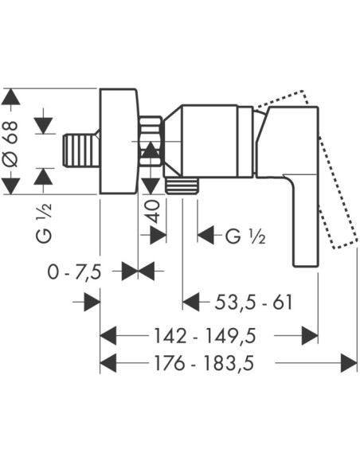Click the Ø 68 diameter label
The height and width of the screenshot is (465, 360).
point(11,143)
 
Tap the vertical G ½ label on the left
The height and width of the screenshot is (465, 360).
point(44,223)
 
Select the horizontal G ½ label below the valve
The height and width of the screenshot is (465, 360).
point(245,236)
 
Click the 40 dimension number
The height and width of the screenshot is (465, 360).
point(154,211)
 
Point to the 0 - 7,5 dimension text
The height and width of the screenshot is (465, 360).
point(74,272)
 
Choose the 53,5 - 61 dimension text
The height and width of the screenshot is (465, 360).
point(253,303)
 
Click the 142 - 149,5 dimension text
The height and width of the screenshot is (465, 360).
point(205,336)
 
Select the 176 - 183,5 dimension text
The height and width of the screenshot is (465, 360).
point(204,363)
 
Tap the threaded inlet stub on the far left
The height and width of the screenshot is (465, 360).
point(81,150)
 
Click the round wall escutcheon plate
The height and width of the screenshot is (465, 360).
point(119,141)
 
